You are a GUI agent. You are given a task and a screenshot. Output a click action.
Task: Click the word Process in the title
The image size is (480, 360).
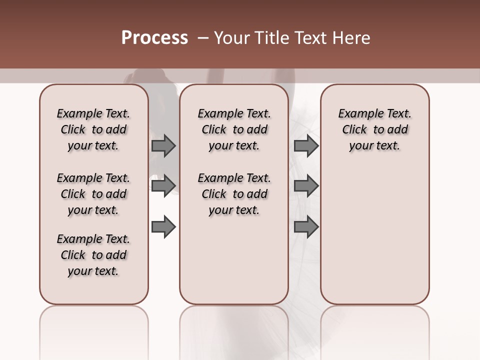[154, 38]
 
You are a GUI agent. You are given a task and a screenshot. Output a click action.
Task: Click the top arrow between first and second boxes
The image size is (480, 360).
[163, 146]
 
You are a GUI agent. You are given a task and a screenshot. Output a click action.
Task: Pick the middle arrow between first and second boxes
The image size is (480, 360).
[163, 186]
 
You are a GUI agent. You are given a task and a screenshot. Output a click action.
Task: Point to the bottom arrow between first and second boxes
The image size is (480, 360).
[163, 227]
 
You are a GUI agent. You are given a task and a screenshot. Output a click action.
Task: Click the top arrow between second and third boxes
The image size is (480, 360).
[306, 146]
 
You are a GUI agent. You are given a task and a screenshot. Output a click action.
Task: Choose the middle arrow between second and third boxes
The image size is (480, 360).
[306, 186]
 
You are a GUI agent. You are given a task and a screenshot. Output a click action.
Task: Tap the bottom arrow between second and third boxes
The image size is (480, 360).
[306, 227]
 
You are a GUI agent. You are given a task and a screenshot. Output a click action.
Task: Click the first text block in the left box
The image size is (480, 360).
[93, 129]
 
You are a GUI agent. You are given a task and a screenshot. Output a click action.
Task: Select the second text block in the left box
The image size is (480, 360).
[93, 194]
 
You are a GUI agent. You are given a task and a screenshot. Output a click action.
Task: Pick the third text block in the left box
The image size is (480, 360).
[93, 255]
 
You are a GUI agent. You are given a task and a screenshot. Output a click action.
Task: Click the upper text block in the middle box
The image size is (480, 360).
[234, 129]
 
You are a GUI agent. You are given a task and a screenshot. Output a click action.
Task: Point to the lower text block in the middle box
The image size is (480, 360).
[234, 194]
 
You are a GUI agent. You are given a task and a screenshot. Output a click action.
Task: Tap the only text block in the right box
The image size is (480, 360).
[374, 129]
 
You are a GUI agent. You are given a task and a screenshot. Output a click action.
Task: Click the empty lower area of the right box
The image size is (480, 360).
[374, 235]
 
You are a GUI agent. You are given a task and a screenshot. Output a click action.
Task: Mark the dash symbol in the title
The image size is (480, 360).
[203, 38]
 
